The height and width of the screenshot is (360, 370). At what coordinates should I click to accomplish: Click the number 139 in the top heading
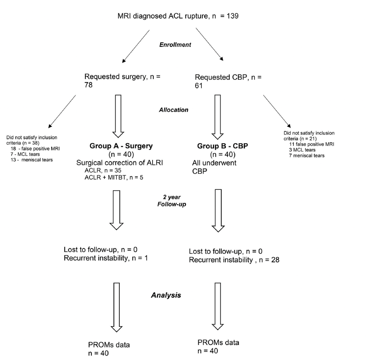tap(231, 15)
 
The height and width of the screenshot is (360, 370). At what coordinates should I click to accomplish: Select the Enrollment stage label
tap(175, 45)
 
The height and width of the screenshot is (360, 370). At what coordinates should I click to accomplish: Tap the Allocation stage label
tap(174, 110)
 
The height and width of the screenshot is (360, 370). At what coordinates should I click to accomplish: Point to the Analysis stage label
tap(166, 295)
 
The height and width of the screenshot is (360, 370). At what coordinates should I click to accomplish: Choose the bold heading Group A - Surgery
tap(121, 146)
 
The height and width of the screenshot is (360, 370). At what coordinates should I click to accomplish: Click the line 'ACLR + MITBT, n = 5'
tap(114, 177)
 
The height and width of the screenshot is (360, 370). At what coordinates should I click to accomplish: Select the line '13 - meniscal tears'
tap(31, 160)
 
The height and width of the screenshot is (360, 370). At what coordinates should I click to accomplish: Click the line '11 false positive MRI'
tap(311, 144)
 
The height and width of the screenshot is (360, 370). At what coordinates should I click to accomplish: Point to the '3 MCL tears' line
tap(302, 150)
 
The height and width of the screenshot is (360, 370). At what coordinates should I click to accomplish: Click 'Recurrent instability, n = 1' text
tap(106, 258)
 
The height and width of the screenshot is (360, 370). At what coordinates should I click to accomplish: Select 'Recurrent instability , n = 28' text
tap(234, 260)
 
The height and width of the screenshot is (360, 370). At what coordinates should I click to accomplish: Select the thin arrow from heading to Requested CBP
tap(210, 44)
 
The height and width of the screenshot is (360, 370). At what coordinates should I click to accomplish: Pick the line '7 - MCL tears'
tap(25, 154)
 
